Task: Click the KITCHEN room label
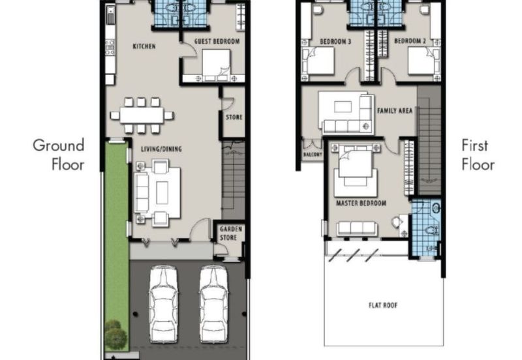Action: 144,46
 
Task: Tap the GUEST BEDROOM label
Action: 217,41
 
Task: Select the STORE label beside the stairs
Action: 234,117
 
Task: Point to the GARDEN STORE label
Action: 231,233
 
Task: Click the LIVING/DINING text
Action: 161,149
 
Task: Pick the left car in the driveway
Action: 163,304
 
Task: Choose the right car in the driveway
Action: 214,304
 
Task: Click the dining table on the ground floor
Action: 142,115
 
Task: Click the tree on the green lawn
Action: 115,335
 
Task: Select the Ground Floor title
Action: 59,155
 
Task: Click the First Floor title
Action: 478,155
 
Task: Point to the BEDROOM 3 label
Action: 335,41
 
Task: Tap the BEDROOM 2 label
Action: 410,41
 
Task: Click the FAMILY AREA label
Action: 395,110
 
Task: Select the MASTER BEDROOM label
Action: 361,203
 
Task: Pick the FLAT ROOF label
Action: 383,305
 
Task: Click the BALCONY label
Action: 313,155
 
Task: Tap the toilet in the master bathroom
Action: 432,230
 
